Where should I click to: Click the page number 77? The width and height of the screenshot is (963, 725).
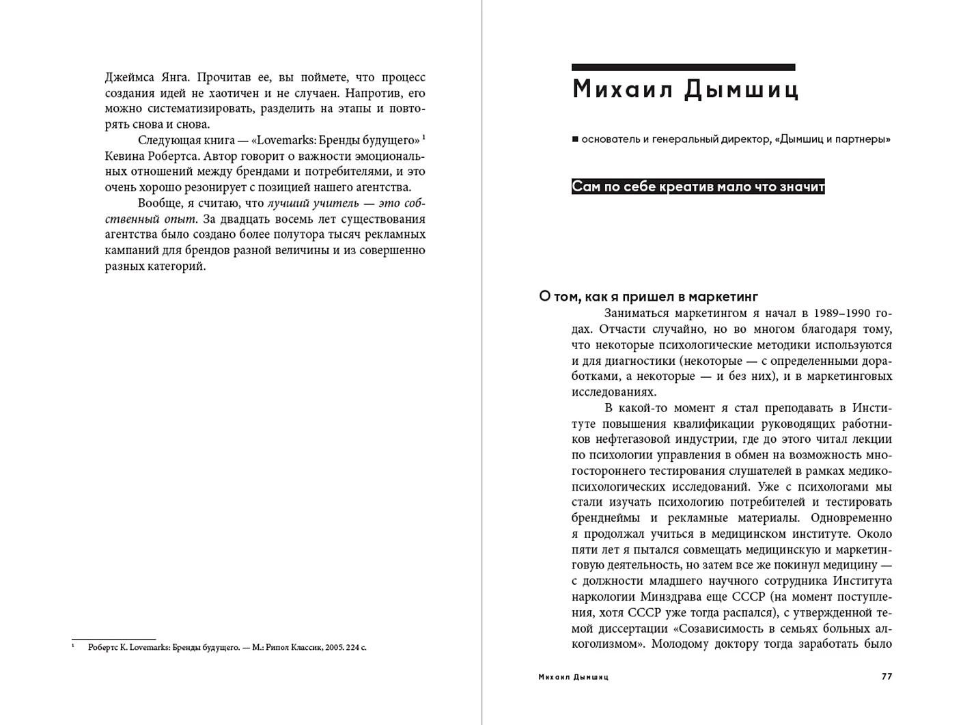(887, 677)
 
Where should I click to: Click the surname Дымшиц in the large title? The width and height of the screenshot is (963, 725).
(742, 90)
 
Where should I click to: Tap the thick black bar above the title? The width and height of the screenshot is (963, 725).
(683, 68)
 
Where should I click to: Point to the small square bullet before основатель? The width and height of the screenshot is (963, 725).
(575, 139)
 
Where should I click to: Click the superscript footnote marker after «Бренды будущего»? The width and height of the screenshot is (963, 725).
(423, 137)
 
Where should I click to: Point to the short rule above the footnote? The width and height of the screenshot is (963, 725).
(113, 640)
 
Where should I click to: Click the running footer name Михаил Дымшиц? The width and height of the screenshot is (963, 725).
(573, 677)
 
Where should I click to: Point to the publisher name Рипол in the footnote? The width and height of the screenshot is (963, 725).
(277, 647)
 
